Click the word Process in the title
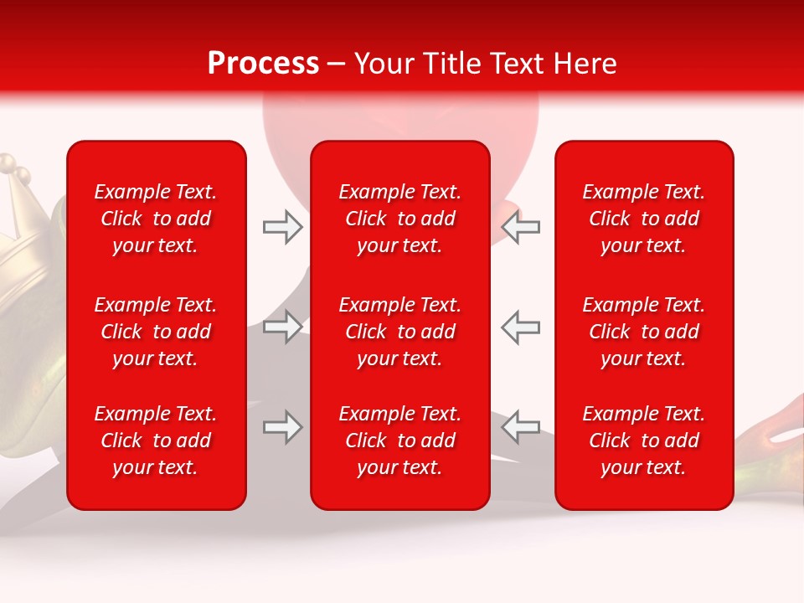click(263, 64)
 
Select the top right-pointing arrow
click(282, 227)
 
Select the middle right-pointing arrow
click(282, 327)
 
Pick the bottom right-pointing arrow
click(282, 427)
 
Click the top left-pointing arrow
click(520, 227)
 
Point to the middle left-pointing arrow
click(520, 327)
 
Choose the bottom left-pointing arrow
click(520, 427)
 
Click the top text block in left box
click(156, 219)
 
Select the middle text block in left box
click(156, 332)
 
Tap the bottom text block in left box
click(156, 441)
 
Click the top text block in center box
click(399, 219)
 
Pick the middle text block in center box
click(399, 332)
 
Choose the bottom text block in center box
click(399, 441)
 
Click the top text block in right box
click(643, 219)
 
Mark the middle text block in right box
click(643, 332)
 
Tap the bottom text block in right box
click(643, 441)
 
